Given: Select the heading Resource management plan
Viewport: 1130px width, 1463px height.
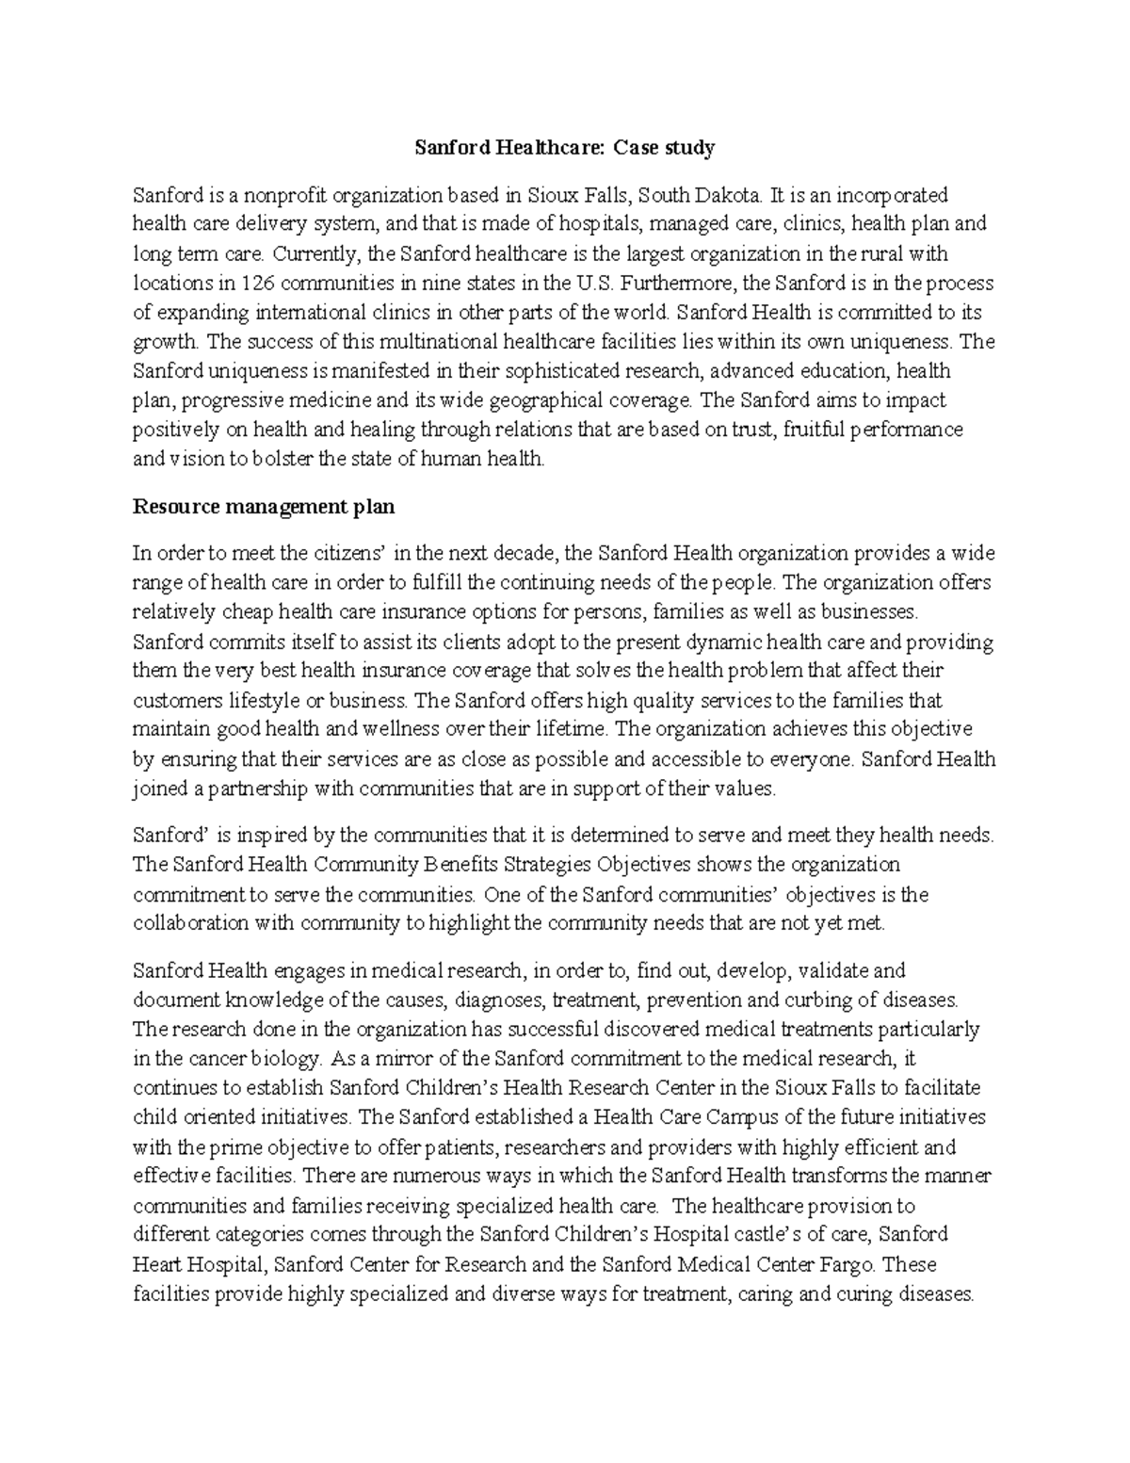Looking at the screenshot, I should pyautogui.click(x=264, y=507).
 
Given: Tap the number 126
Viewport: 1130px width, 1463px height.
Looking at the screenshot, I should pyautogui.click(x=259, y=283).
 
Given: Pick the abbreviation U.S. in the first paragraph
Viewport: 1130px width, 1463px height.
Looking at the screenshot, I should pyautogui.click(x=593, y=283).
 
